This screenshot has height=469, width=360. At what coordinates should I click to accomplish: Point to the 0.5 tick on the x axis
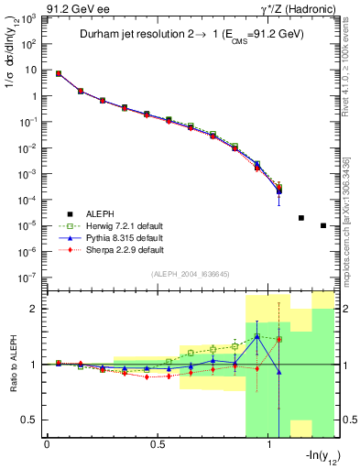pyautogui.click(x=158, y=444)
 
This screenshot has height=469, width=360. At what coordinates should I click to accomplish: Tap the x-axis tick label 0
pyautogui.click(x=47, y=444)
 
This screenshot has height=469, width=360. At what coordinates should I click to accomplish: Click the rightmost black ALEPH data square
pyautogui.click(x=323, y=225)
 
